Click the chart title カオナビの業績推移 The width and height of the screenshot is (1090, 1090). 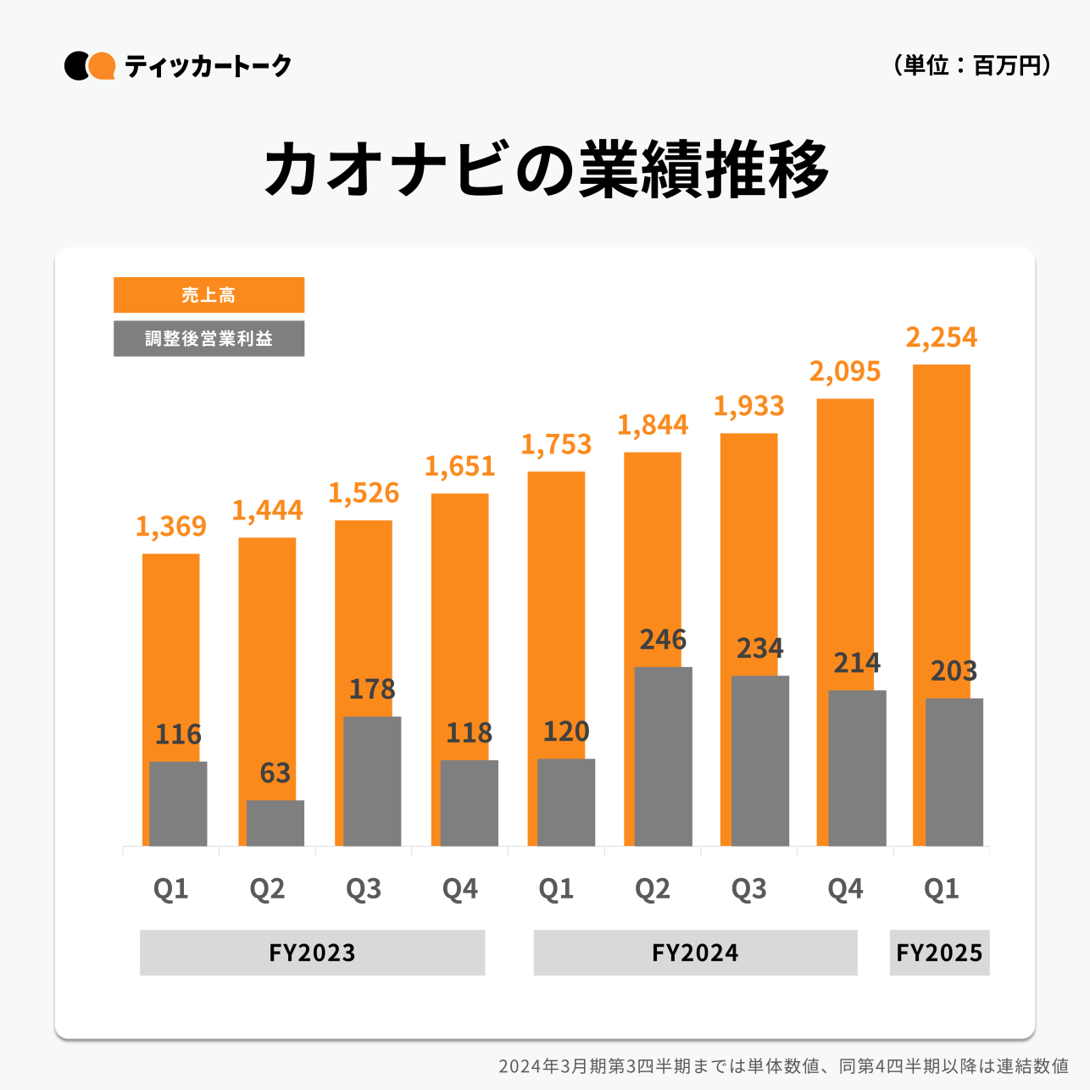point(547,170)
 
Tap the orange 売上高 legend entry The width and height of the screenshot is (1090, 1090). point(209,295)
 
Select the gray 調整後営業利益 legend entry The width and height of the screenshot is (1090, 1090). point(209,338)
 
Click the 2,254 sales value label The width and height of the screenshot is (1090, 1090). point(941,337)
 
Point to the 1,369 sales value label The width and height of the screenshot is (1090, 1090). point(170,526)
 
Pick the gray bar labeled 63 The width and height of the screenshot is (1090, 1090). point(275,823)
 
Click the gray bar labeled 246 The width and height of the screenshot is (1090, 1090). point(663,756)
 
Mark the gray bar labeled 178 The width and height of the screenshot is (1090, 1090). point(372,781)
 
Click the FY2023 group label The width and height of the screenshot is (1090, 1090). point(312,953)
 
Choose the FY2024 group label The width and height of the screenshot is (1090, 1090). point(695,953)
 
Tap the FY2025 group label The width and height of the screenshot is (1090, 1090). point(939,953)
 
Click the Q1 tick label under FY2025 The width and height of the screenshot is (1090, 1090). point(941,888)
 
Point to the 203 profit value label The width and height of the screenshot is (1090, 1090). point(954,671)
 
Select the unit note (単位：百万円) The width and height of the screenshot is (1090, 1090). point(972,65)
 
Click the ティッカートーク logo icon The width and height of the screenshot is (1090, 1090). point(90,65)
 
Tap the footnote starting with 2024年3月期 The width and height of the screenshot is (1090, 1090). point(782,1065)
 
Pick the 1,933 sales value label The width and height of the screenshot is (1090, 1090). point(748,406)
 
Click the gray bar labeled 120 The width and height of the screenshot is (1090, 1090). point(566,802)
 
